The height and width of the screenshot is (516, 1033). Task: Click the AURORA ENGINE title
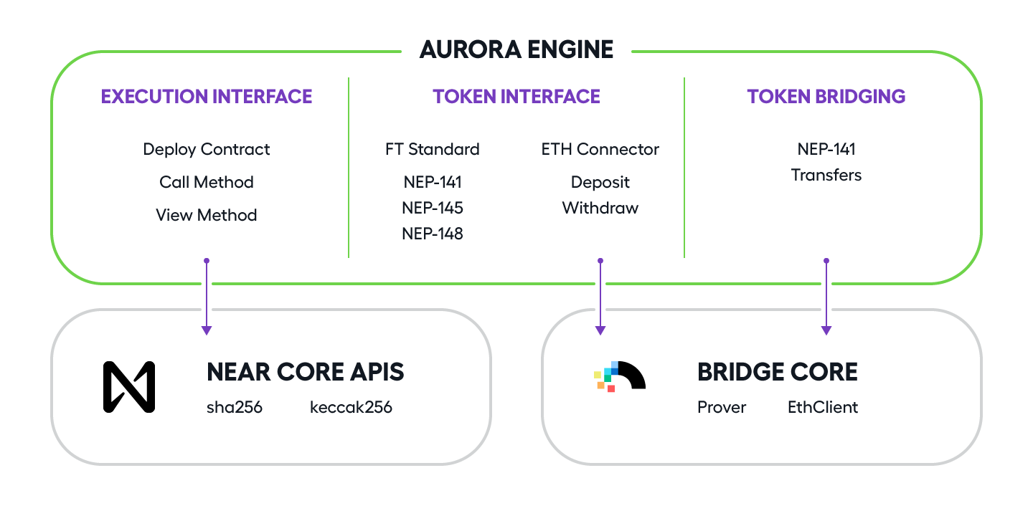click(516, 49)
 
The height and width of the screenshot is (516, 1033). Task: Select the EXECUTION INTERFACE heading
click(207, 97)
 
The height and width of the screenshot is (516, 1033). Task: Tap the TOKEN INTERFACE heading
click(516, 97)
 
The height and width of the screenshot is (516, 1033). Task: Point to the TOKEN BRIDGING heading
click(826, 97)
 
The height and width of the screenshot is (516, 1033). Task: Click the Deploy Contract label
click(207, 150)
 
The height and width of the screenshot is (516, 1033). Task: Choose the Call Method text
click(207, 182)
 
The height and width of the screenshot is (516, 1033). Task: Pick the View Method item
click(207, 215)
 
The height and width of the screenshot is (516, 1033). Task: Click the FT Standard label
click(433, 150)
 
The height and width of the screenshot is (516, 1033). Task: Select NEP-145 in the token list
click(433, 208)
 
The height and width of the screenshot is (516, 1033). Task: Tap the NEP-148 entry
click(433, 234)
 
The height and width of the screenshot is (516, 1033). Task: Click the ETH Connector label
click(600, 150)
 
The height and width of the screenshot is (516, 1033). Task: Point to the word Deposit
click(600, 182)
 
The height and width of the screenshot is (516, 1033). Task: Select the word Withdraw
click(600, 208)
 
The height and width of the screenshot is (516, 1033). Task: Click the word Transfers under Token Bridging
click(826, 175)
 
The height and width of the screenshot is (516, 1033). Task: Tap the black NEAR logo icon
click(129, 387)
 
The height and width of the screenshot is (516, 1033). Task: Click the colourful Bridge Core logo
click(620, 376)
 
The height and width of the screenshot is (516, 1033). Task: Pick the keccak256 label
click(351, 408)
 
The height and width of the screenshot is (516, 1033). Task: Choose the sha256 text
click(235, 408)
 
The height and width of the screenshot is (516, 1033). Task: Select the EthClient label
click(823, 408)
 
